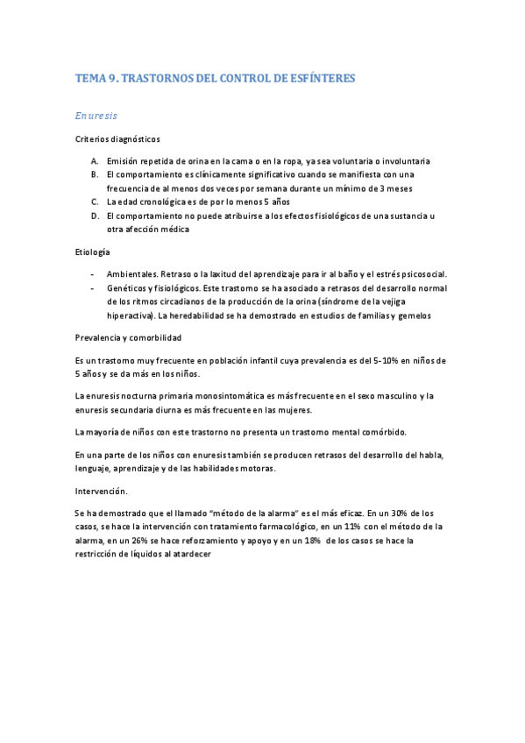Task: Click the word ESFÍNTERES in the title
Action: coord(319,79)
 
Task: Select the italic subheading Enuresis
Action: coord(96,115)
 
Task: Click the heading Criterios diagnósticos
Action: coord(117,138)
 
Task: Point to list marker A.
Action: coord(94,161)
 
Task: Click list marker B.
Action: coord(94,174)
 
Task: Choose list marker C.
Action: coord(94,202)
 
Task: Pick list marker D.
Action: coord(94,216)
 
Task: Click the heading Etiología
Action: coord(93,251)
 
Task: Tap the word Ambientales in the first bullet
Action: coord(132,274)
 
